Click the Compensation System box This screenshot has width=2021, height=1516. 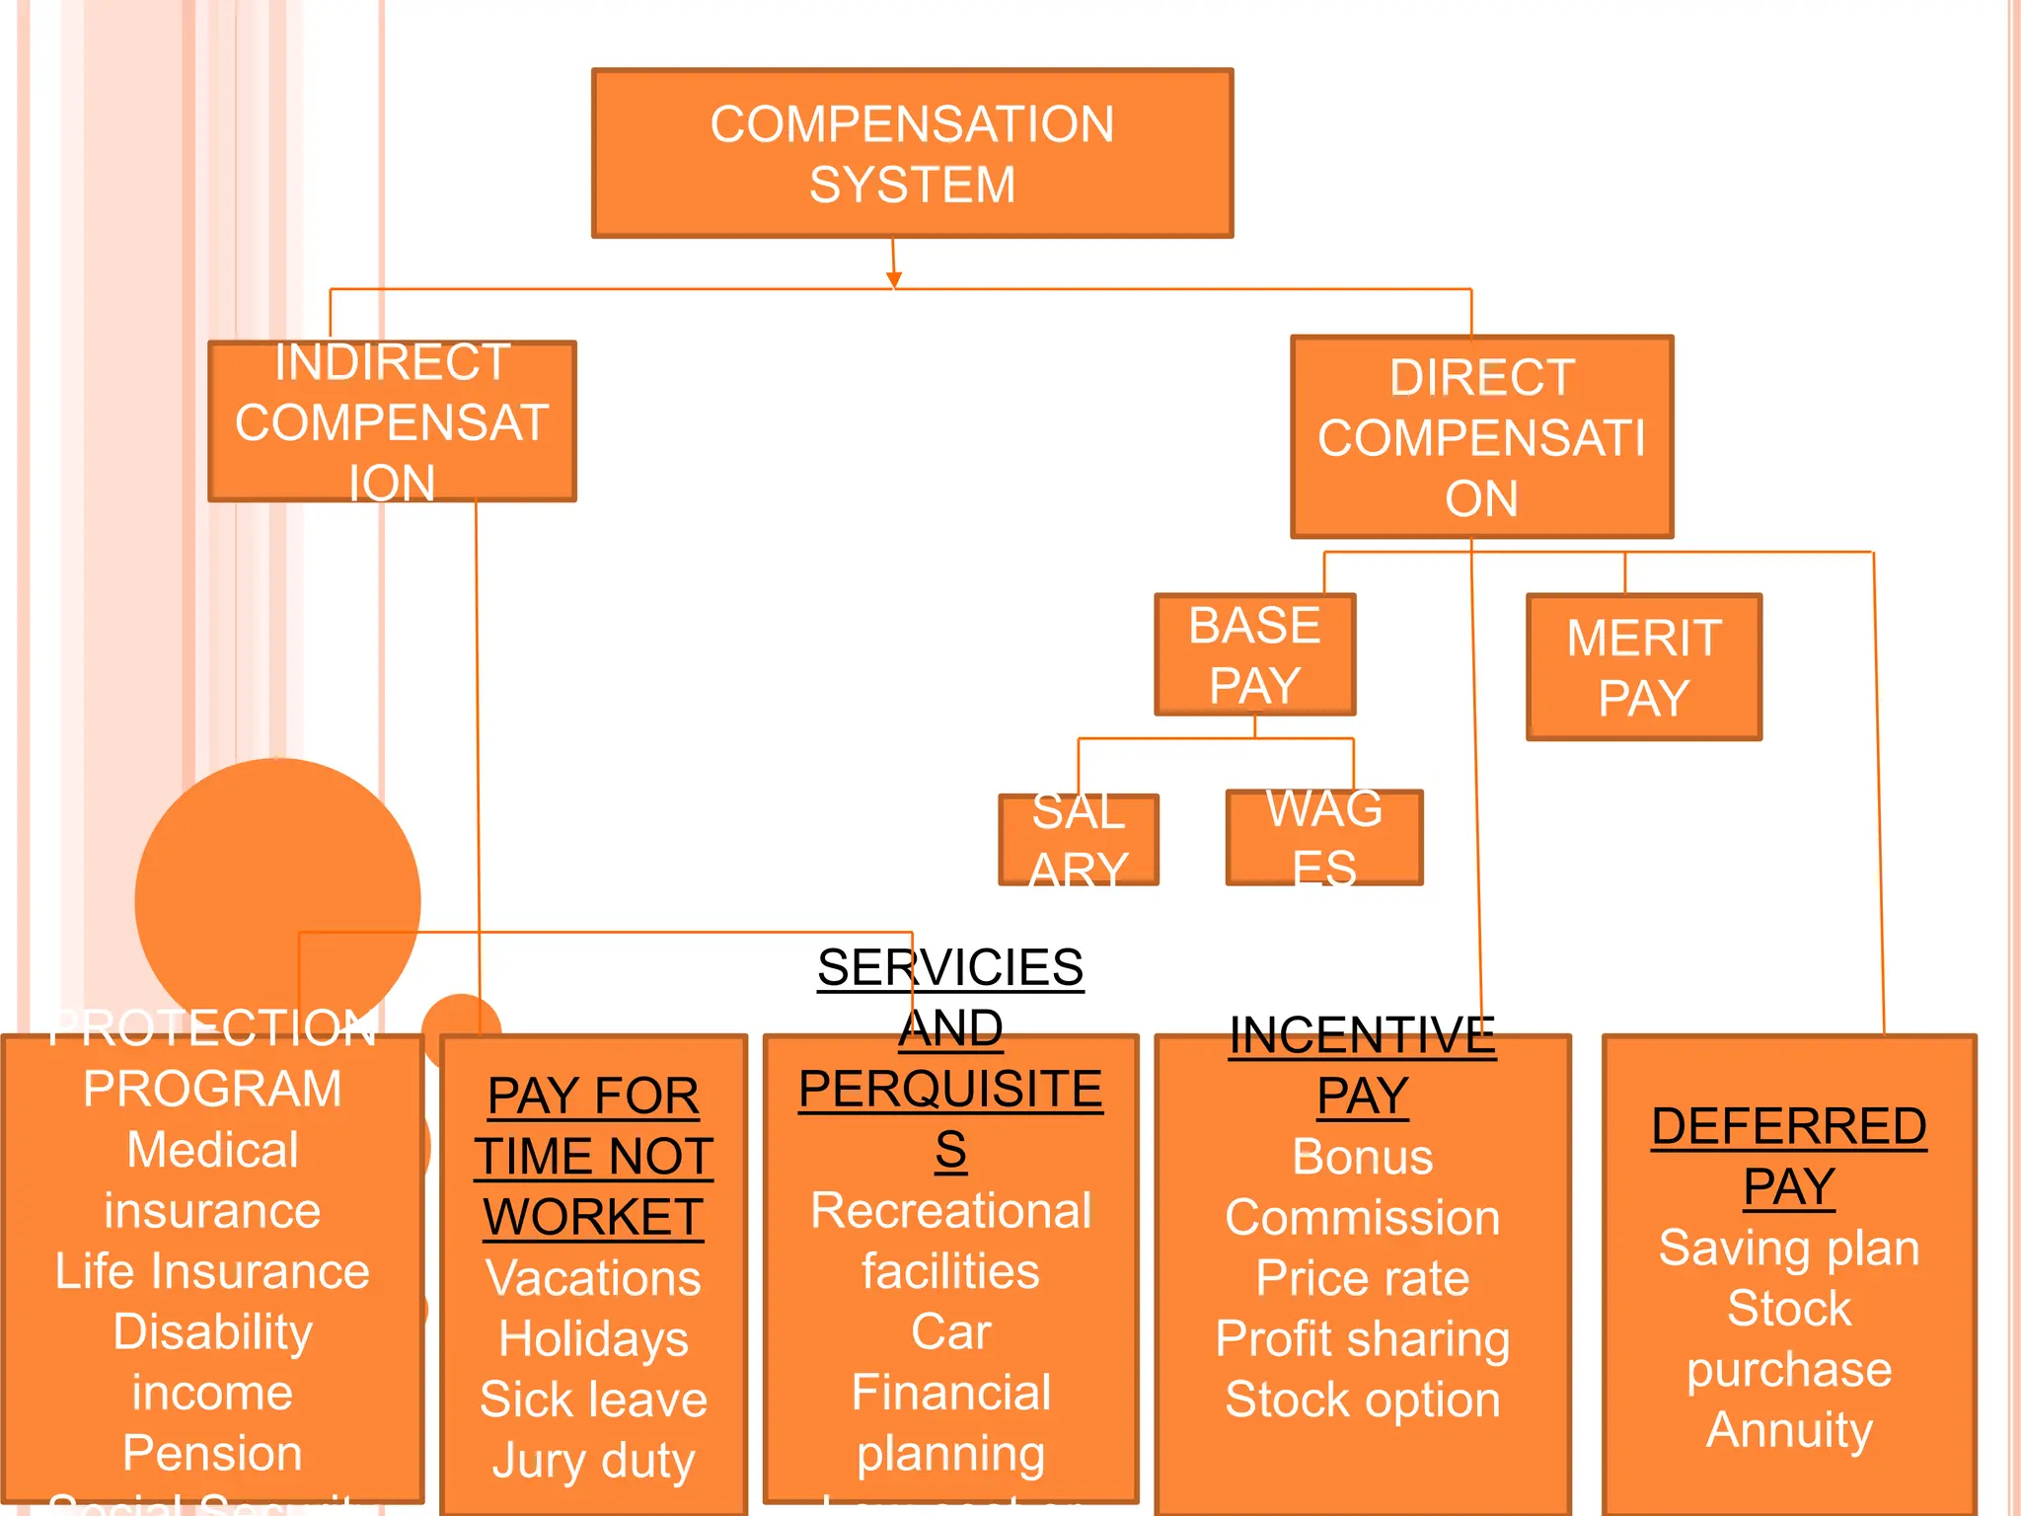[912, 153]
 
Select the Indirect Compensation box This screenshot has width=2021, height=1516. [392, 421]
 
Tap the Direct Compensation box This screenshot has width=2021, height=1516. [1481, 437]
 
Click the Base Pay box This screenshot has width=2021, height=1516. [1254, 654]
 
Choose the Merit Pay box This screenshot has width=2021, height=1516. [1643, 667]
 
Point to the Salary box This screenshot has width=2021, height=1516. [1078, 839]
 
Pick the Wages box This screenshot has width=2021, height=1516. [1323, 837]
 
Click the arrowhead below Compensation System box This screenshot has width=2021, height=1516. [894, 280]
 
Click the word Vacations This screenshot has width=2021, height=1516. [593, 1278]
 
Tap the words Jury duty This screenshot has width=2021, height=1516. [593, 1461]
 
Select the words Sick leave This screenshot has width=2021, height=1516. [593, 1400]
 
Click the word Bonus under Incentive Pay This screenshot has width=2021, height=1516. [1362, 1157]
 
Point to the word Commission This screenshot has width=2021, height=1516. [1362, 1218]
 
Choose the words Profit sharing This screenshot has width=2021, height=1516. [1362, 1339]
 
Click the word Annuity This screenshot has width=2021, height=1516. [1788, 1430]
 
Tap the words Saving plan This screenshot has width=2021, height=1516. [1788, 1248]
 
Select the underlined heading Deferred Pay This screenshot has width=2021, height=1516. [1788, 1156]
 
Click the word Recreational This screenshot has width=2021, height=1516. [950, 1211]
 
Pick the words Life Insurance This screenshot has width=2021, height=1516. [212, 1271]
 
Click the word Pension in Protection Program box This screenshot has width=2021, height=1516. [212, 1453]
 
